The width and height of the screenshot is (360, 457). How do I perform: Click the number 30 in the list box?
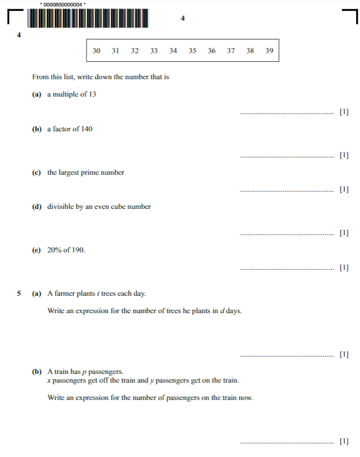[x=96, y=51]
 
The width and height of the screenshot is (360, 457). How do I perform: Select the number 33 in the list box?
[x=154, y=51]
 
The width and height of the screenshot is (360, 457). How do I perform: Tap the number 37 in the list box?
[x=231, y=51]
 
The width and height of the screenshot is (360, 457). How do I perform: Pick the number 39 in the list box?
[x=269, y=51]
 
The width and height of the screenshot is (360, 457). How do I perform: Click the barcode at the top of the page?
[x=87, y=18]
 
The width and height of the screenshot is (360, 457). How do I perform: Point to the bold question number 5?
[x=19, y=294]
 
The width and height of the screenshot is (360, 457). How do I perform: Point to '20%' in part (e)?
[x=55, y=250]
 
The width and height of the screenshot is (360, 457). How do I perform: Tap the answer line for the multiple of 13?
[x=287, y=114]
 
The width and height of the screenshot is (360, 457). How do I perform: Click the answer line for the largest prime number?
[x=287, y=191]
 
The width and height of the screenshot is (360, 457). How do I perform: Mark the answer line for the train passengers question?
[x=287, y=443]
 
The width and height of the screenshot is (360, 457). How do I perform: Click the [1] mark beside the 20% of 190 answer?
[x=344, y=268]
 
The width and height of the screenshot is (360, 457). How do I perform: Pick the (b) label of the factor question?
[x=37, y=129]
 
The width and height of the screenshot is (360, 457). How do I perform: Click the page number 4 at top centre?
[x=182, y=18]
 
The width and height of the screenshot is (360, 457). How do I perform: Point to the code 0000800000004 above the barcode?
[x=62, y=4]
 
